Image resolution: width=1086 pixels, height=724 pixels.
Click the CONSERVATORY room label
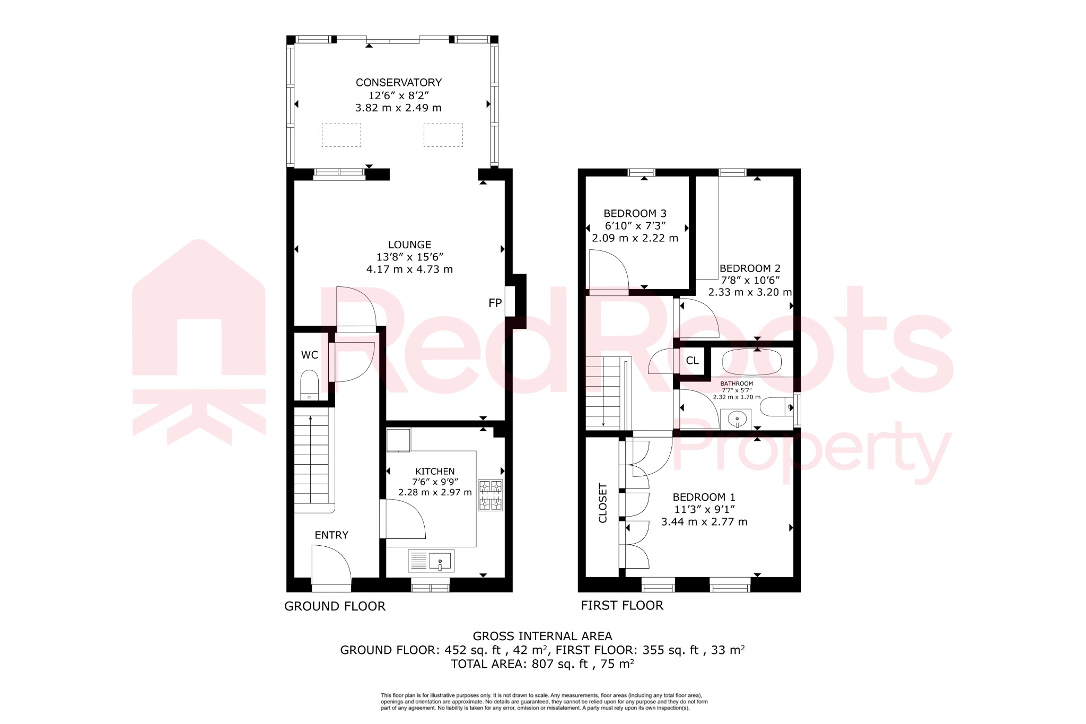pos(398,83)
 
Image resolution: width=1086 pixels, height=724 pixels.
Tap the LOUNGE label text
pos(409,245)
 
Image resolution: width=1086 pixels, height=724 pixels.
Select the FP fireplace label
pos(495,303)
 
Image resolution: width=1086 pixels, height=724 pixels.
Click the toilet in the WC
pos(309,383)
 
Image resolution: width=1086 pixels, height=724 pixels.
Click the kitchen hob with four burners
pos(490,495)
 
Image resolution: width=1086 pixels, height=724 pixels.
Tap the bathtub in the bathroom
pos(751,362)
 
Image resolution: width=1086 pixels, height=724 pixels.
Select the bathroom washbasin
pos(737,420)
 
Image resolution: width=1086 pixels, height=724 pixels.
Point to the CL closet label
pos(692,361)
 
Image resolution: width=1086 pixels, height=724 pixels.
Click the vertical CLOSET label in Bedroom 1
pos(603,503)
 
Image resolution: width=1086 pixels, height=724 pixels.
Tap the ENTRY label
pos(331,535)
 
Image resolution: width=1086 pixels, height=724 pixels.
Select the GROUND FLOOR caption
pos(335,606)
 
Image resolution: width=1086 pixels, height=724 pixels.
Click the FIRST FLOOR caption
pos(621,606)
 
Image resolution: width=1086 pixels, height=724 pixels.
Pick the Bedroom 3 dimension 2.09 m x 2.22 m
pos(635,238)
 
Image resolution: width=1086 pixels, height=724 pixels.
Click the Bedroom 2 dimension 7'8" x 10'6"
pos(750,280)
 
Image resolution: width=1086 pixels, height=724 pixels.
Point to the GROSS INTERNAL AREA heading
pos(542,636)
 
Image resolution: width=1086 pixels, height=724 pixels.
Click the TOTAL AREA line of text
pos(542,664)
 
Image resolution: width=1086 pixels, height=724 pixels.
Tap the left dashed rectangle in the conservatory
pos(341,135)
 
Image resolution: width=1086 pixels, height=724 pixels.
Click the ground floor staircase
pos(312,461)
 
